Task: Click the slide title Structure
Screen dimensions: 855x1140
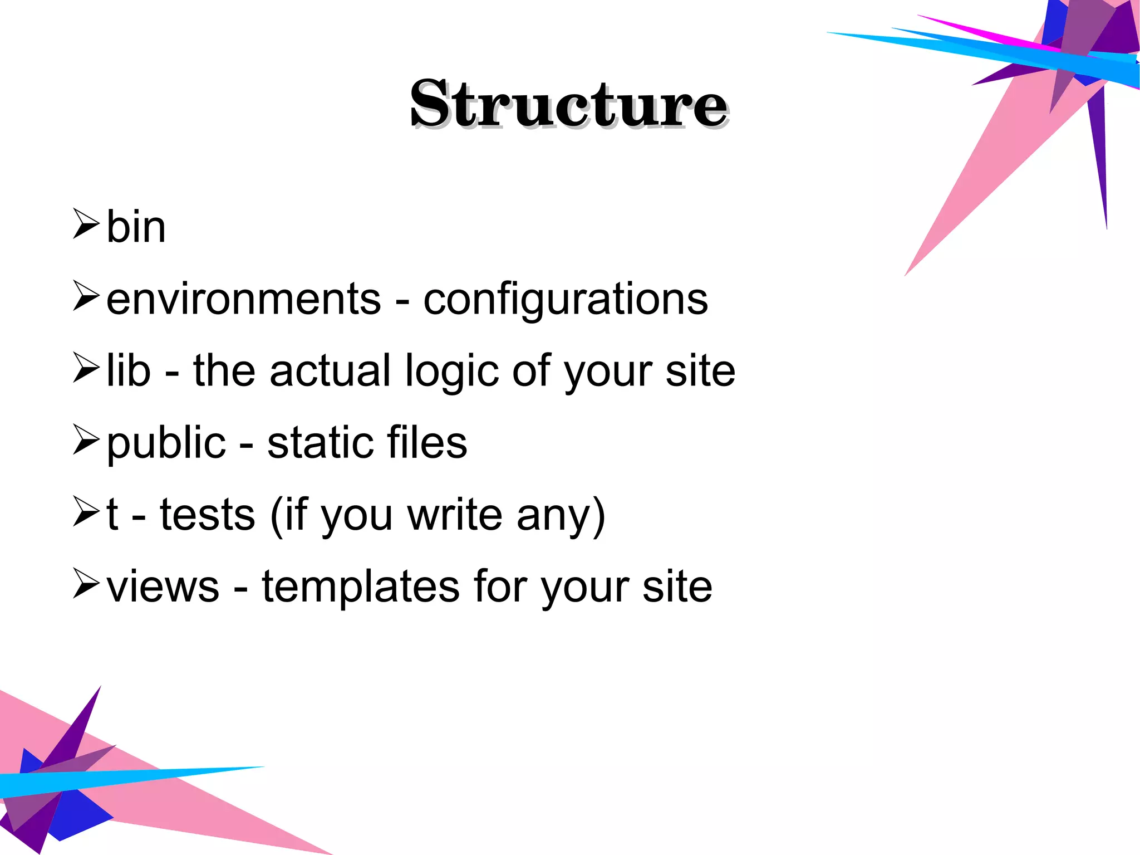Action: coord(569,104)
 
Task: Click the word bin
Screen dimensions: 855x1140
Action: coord(136,227)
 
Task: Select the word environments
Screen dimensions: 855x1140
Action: coord(244,299)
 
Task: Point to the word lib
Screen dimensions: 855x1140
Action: coord(129,370)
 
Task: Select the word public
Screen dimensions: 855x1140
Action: coord(166,444)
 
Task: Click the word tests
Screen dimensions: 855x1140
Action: coord(208,515)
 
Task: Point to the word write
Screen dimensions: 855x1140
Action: coord(455,515)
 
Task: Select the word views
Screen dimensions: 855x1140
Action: coord(163,587)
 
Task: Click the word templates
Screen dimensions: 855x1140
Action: coord(361,588)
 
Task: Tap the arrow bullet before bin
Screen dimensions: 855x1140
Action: coord(86,223)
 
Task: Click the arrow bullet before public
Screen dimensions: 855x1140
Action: coord(86,439)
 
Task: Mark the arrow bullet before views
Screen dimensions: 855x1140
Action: coord(86,583)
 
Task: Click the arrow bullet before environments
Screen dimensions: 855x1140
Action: coord(86,295)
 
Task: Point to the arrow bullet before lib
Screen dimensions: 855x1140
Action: coord(86,367)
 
